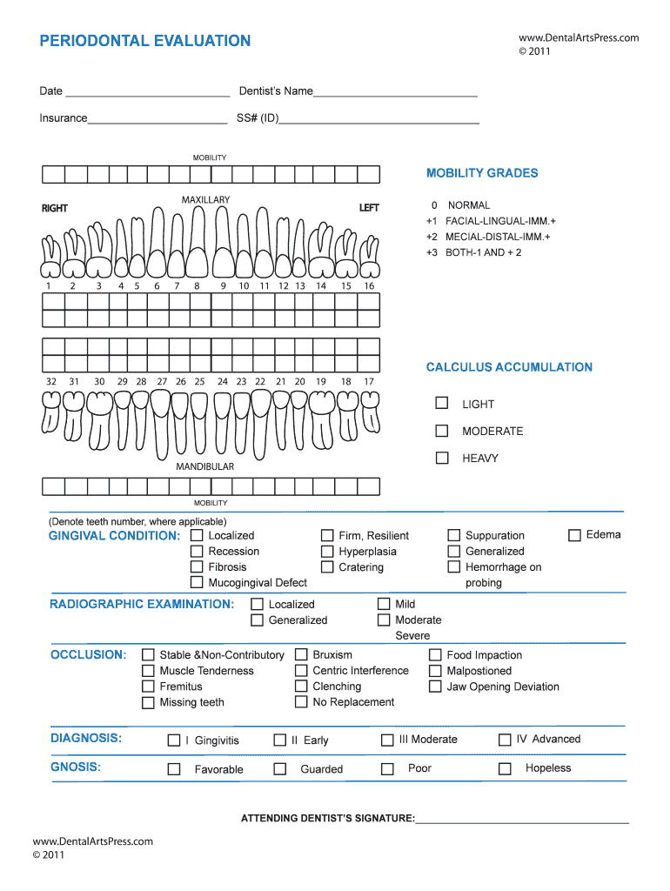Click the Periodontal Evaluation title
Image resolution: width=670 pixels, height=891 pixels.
click(144, 41)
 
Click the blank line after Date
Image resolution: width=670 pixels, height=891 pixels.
click(147, 92)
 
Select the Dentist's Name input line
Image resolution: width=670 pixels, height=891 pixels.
click(395, 92)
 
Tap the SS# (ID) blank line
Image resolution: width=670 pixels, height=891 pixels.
click(379, 119)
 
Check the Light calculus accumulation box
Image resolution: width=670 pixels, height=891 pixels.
click(442, 403)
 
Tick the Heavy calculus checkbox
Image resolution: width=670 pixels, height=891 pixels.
click(442, 457)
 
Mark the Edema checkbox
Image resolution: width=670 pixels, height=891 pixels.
click(574, 535)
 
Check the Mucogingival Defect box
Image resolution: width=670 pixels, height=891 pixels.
click(197, 582)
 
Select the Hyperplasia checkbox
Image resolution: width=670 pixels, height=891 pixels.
click(327, 551)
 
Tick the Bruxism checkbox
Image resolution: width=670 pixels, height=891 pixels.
click(301, 654)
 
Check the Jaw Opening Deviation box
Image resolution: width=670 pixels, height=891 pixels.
click(435, 687)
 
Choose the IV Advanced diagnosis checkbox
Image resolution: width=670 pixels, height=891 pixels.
click(505, 740)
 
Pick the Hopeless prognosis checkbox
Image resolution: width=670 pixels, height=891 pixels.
click(505, 768)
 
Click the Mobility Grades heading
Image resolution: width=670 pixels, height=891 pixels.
click(481, 173)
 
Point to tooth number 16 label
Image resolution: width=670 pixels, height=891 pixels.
click(369, 285)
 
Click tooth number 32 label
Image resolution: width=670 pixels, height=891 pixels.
click(51, 381)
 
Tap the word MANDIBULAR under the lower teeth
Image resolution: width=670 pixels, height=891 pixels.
click(205, 466)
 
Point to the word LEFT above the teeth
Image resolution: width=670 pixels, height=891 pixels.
click(369, 208)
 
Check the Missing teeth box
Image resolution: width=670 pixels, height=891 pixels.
click(148, 702)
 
